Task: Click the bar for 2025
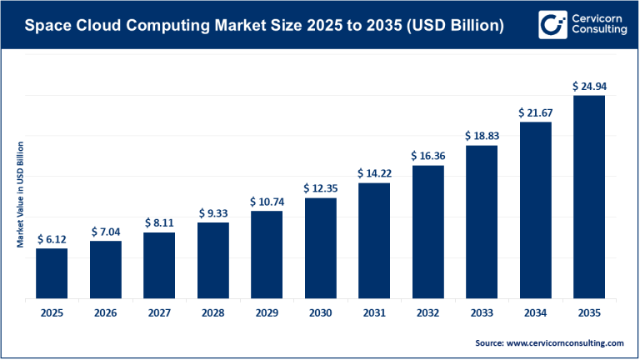coord(52,272)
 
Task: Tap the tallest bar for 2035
coord(588,196)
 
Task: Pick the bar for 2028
coord(212,259)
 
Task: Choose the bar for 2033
coord(481,221)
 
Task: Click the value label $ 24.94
coord(588,86)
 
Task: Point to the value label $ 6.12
coord(52,238)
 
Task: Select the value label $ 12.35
coord(320,188)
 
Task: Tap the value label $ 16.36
coord(427,156)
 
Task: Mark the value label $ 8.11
coord(159,222)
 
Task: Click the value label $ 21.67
coord(535,112)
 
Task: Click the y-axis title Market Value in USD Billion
coord(20,195)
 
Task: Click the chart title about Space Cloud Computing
coord(263,26)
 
